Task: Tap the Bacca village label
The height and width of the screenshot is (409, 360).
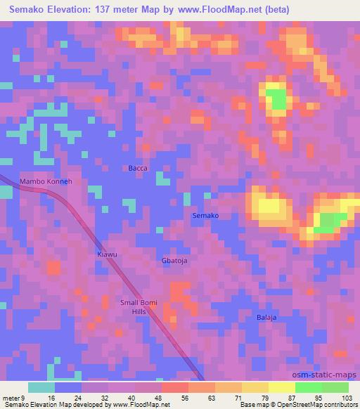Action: tap(138, 168)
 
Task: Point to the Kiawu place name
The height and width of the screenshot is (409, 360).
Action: tap(106, 254)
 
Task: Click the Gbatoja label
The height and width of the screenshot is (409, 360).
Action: tap(176, 260)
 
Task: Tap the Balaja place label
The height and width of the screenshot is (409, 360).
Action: tap(266, 317)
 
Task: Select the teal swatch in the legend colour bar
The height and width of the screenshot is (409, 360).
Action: tap(41, 387)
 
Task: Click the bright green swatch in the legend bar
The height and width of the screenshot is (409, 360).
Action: tap(309, 387)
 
